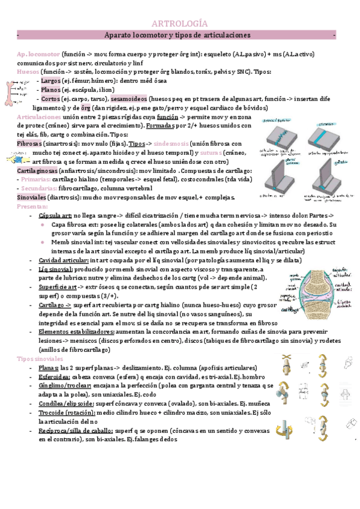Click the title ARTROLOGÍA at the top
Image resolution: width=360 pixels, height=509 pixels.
click(181, 23)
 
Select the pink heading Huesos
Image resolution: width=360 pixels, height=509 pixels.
click(28, 71)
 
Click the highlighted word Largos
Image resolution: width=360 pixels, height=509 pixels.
click(51, 80)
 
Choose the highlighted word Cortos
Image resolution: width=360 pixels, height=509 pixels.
click(51, 98)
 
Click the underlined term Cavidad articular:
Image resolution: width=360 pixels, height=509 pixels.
click(63, 260)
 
